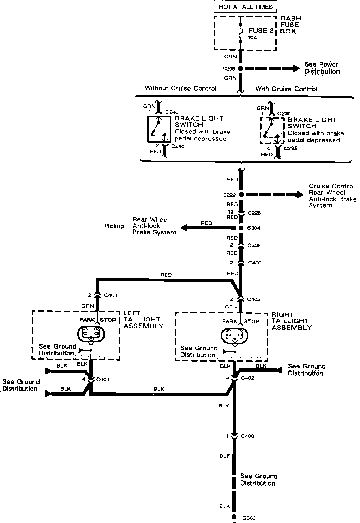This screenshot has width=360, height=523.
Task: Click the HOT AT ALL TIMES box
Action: pos(245,7)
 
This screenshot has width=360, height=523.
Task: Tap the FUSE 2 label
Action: pos(261,31)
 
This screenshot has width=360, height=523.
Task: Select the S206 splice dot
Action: pos(240,69)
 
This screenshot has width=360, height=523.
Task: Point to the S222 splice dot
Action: pos(241,195)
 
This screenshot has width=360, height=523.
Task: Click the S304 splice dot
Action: pos(241,228)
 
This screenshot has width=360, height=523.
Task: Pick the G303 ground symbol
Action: pos(234,517)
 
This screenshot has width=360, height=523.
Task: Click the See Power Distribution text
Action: pos(322,68)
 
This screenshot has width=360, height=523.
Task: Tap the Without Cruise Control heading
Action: pos(180,88)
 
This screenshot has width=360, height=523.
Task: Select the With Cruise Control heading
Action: pos(286,89)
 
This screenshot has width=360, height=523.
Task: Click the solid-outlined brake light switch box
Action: pos(158,129)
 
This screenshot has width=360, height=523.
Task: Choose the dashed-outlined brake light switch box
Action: pos(272,131)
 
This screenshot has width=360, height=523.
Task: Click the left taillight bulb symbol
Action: pos(91,334)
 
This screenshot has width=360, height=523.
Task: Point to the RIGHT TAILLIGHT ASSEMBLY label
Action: pos(291,321)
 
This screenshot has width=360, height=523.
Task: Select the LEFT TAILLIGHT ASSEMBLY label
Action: pos(143,319)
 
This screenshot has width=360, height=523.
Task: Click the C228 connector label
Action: pos(254,213)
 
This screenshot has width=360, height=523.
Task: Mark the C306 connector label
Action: pos(254,245)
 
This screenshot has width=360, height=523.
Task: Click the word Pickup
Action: pos(114,226)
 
